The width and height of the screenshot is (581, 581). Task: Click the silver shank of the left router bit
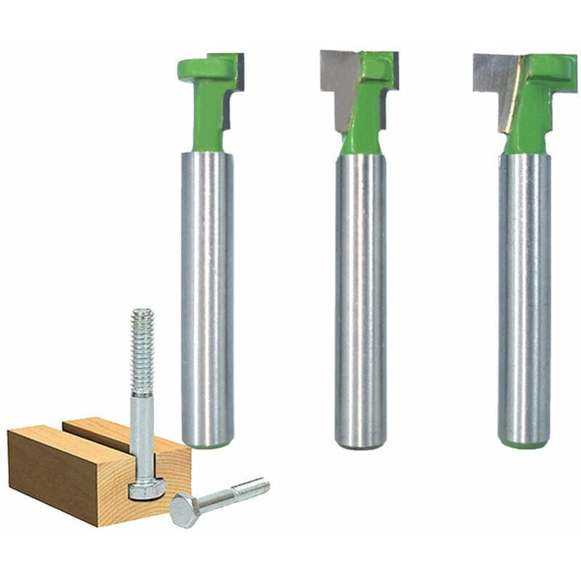tap(207, 290)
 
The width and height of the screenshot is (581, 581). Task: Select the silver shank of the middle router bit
tap(360, 290)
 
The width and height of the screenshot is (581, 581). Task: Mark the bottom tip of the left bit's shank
tap(208, 442)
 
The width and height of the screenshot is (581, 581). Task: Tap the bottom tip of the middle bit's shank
tap(360, 443)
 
